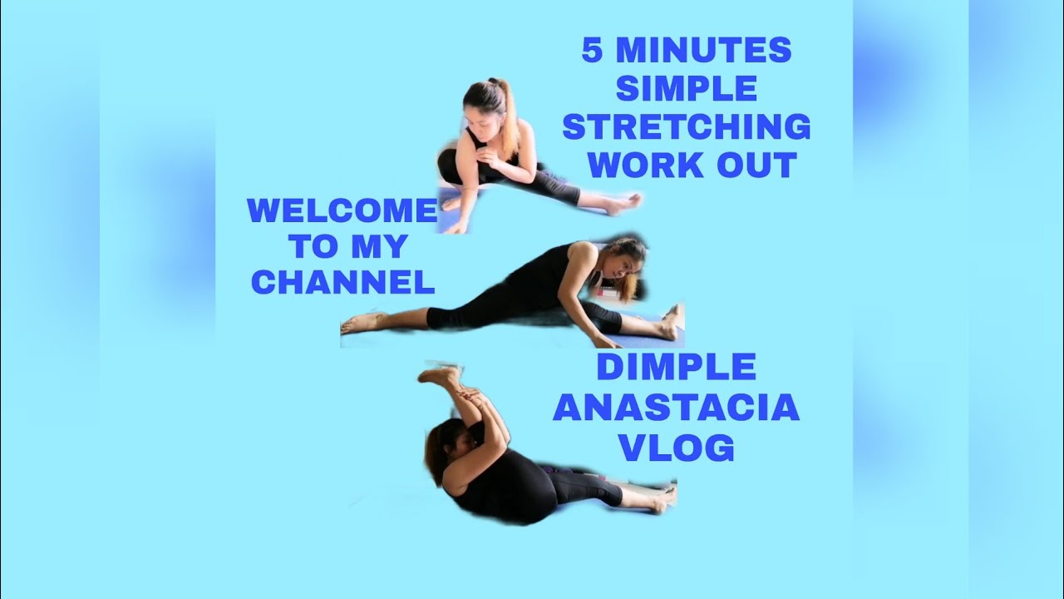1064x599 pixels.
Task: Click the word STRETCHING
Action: pyautogui.click(x=687, y=127)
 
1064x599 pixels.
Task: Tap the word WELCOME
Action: pyautogui.click(x=342, y=210)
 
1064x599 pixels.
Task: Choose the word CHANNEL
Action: pyautogui.click(x=342, y=283)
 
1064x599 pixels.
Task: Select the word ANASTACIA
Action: pyautogui.click(x=676, y=408)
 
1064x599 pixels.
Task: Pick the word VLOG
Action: pyautogui.click(x=677, y=448)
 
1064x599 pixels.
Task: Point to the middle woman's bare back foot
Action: pyautogui.click(x=359, y=323)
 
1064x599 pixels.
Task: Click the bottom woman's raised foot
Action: pyautogui.click(x=438, y=375)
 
